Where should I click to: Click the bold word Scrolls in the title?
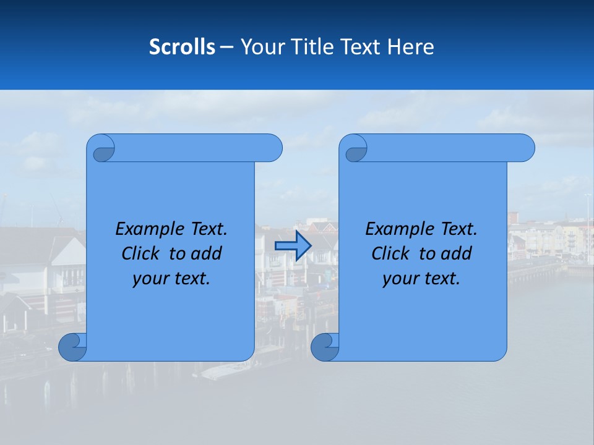click(x=182, y=47)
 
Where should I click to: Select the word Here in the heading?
click(x=410, y=47)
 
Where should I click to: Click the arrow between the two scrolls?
click(x=293, y=246)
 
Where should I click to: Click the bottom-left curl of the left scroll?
click(x=72, y=347)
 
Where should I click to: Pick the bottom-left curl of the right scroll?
click(x=325, y=347)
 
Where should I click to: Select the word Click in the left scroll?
click(x=140, y=253)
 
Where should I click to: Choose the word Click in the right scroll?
click(x=390, y=253)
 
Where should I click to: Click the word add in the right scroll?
click(x=457, y=253)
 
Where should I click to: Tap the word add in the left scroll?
click(x=207, y=253)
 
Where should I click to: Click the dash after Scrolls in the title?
click(x=226, y=47)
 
